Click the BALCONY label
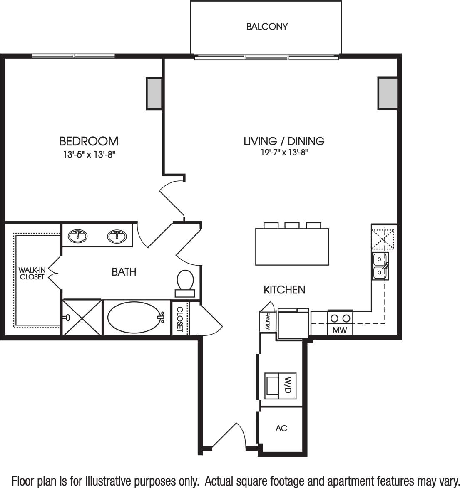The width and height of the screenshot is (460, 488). point(267,27)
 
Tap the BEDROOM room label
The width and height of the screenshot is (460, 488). point(89,141)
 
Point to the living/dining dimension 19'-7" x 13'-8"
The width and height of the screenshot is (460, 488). point(284,153)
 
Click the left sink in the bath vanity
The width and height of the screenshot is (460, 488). point(77,237)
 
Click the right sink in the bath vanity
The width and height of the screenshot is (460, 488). point(117,237)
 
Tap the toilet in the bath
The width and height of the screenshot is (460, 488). point(185,282)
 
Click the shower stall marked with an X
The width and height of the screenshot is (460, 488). point(82,318)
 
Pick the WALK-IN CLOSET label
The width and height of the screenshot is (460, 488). point(32,274)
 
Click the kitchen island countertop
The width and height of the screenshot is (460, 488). point(292,246)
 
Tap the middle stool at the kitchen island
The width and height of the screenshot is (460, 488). point(292,225)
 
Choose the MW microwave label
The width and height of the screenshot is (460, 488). point(340,331)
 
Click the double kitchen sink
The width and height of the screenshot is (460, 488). point(380,266)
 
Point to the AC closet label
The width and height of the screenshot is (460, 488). point(281,428)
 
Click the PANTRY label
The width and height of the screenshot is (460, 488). point(265,321)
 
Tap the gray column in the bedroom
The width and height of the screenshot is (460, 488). point(154,94)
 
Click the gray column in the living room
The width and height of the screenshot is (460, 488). point(387,94)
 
